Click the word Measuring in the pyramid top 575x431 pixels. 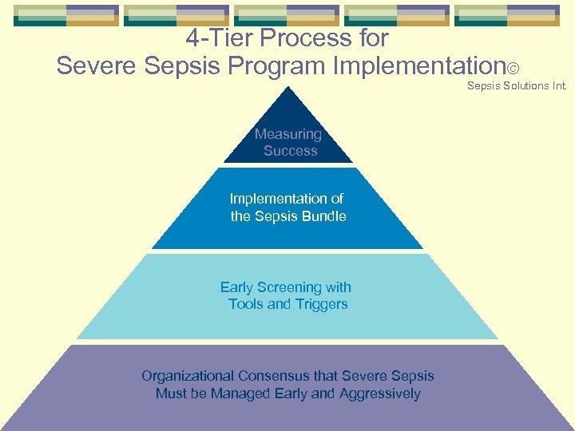point(287,134)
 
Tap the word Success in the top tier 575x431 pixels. point(291,151)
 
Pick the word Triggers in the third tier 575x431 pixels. point(322,304)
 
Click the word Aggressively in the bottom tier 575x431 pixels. point(379,393)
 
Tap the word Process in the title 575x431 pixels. point(303,38)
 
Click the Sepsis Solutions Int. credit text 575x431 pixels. point(517,85)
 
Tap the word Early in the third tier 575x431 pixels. point(236,287)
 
